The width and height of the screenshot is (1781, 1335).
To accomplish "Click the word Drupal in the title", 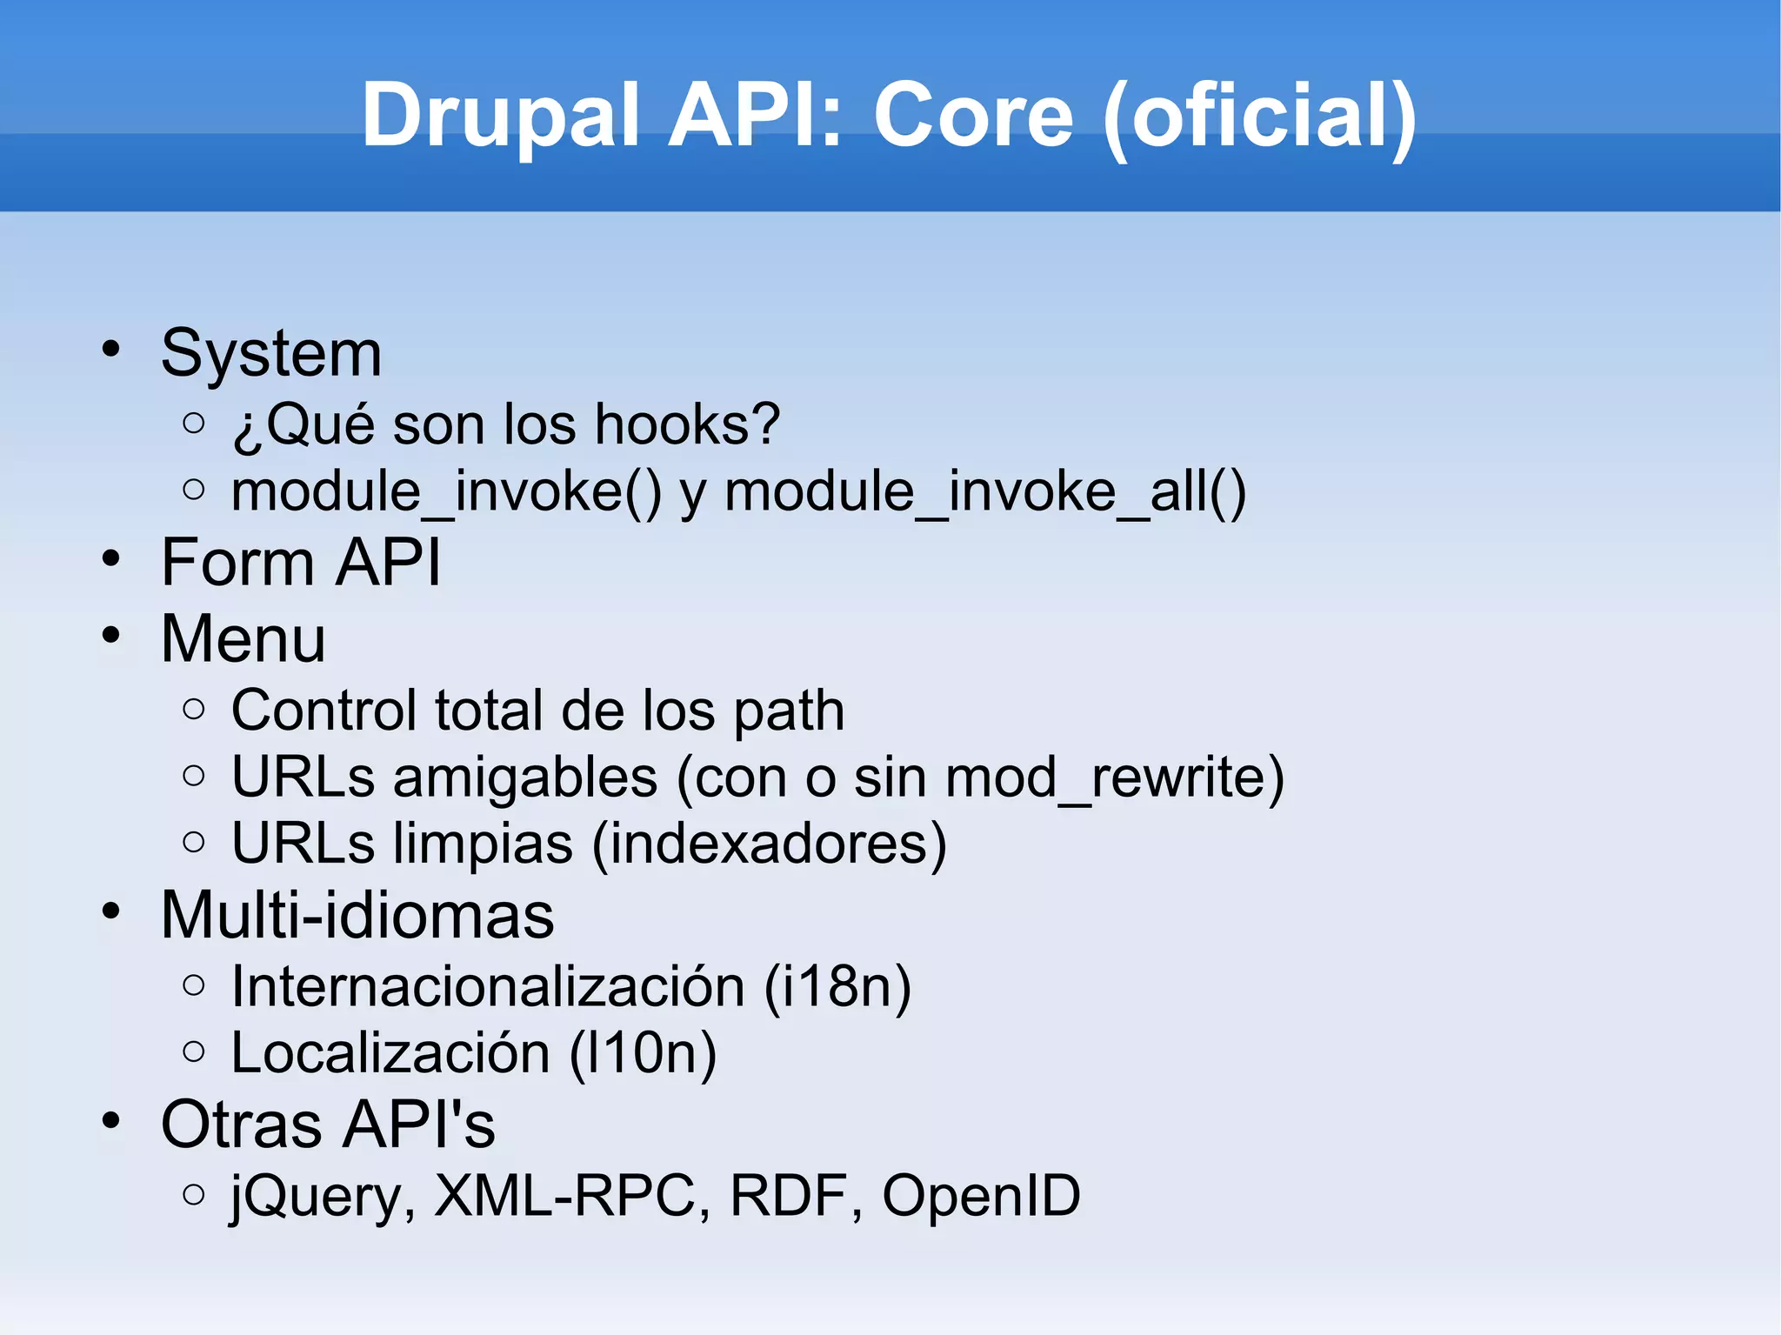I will (501, 116).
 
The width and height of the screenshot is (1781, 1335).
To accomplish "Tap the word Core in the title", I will (973, 116).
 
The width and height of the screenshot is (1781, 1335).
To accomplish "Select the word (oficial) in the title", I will (1259, 116).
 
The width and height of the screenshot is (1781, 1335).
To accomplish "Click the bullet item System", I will (271, 354).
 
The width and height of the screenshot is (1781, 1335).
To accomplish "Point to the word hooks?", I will (687, 425).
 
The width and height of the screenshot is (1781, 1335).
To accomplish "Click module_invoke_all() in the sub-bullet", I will (985, 492).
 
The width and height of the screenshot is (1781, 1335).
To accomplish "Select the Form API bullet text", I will (301, 563).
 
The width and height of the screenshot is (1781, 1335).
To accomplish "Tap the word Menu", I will (243, 639).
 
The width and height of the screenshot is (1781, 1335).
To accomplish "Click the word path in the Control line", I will (789, 711).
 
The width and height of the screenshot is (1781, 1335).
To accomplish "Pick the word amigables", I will (525, 778).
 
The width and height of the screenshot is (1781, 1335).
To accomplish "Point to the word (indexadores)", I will (769, 844).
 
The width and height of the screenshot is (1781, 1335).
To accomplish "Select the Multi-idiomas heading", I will (357, 916).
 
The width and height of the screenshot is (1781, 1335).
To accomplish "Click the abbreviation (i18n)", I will (837, 987).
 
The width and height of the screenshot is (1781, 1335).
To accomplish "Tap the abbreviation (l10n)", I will (643, 1054).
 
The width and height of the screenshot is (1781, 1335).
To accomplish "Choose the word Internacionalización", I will (488, 987).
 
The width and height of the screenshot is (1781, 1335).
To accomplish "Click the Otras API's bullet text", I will (328, 1125).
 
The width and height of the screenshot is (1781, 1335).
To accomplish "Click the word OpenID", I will (981, 1197).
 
